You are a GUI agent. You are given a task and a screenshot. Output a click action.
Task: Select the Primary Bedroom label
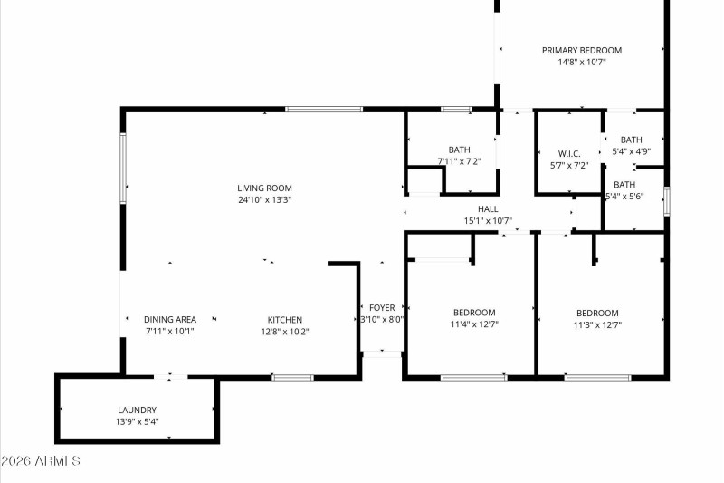click(x=581, y=50)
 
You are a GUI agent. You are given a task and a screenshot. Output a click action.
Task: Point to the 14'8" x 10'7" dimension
click(x=581, y=62)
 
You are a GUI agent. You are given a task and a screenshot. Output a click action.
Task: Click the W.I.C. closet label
click(x=569, y=153)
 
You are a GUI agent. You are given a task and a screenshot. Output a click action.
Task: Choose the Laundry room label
click(x=137, y=410)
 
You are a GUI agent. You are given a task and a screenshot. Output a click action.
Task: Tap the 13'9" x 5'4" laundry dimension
click(x=137, y=421)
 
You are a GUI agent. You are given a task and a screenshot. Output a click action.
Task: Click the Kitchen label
click(x=284, y=319)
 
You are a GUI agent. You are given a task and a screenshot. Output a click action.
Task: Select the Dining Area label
click(x=170, y=319)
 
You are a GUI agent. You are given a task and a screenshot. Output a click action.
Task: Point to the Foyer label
click(x=381, y=307)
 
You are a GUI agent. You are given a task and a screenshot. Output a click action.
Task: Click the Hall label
click(x=488, y=208)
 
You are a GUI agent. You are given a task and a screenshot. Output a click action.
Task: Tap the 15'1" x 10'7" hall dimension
click(x=488, y=220)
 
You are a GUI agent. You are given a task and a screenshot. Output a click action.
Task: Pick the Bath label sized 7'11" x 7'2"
click(x=459, y=150)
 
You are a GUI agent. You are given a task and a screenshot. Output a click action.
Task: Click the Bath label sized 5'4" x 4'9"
click(x=631, y=140)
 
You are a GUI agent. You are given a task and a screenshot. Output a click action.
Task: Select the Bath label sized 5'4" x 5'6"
click(x=624, y=184)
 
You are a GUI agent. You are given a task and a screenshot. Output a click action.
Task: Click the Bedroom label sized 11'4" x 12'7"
click(x=474, y=313)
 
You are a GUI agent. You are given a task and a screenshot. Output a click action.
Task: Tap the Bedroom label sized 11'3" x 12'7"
click(x=597, y=313)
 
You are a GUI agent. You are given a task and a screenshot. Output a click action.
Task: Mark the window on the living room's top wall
click(x=324, y=110)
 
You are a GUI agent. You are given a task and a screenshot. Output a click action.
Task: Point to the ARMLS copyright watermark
click(x=41, y=461)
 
